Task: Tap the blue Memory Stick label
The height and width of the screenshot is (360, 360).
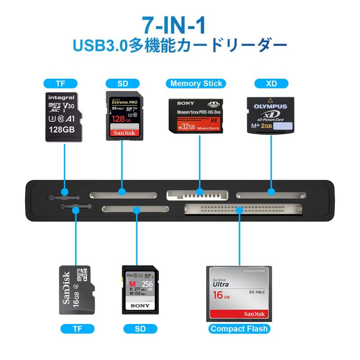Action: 197,83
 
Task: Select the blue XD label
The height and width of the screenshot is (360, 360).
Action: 271,83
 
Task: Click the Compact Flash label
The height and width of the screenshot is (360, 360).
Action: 239,328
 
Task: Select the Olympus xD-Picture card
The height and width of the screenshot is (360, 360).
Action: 270,114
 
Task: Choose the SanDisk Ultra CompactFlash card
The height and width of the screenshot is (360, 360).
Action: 239,293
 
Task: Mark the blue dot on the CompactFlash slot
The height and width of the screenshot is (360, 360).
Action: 239,209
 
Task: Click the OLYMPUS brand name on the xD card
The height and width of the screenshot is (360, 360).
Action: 270,107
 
